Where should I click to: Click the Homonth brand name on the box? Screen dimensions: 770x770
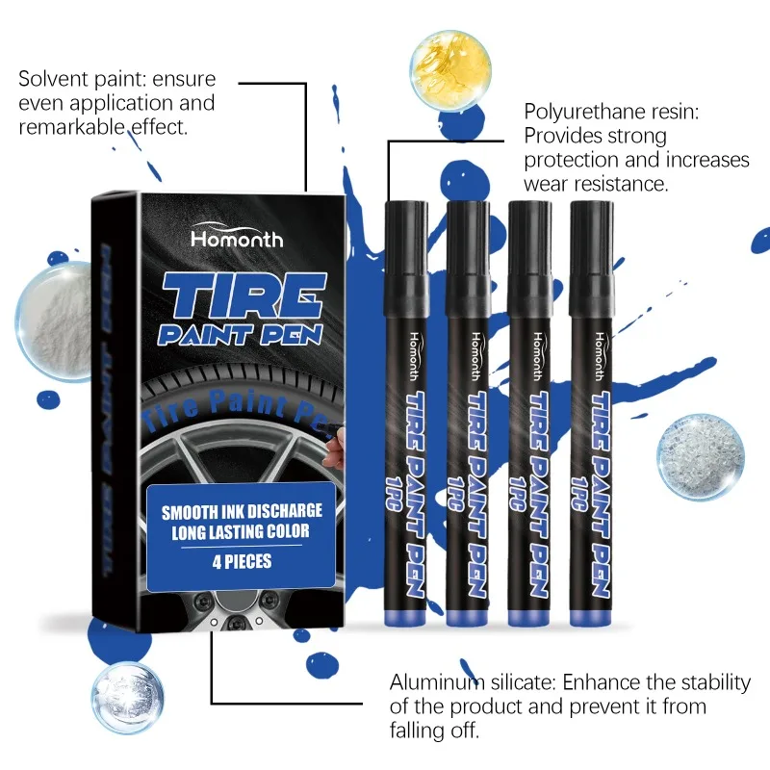click(237, 238)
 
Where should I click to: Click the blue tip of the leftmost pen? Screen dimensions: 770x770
click(402, 617)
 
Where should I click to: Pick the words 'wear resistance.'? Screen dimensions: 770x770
click(596, 184)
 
